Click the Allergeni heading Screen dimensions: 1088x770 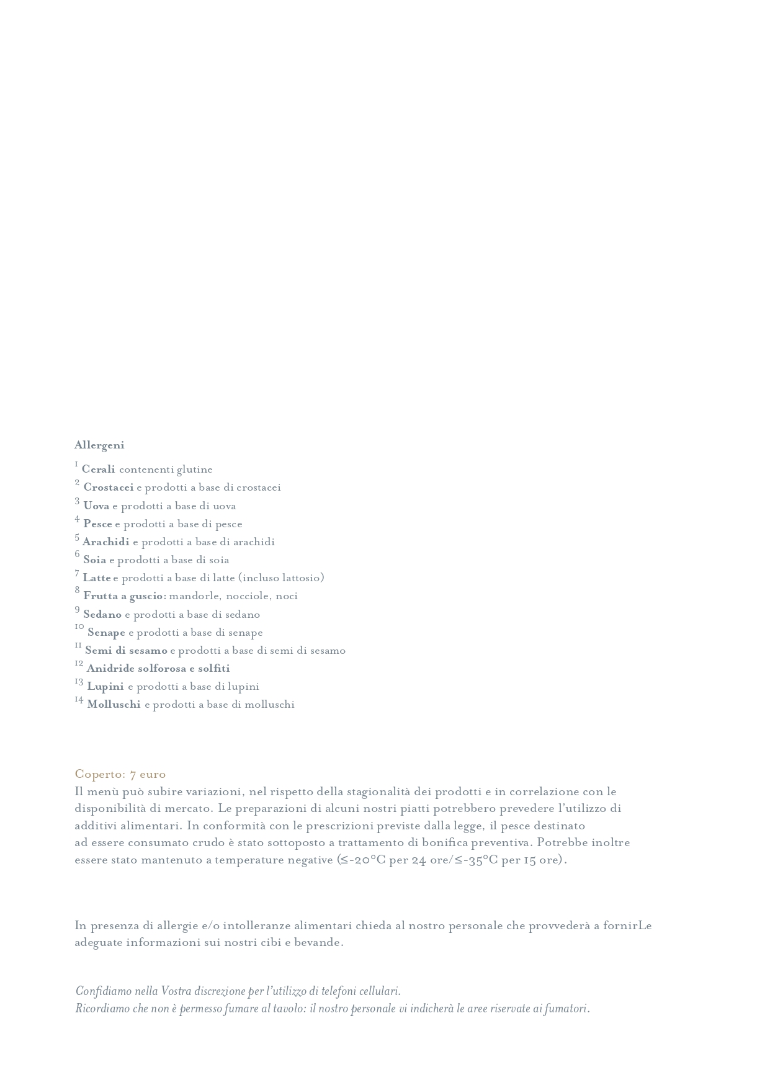99,445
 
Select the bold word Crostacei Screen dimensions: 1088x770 109,488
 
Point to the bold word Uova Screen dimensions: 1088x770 96,506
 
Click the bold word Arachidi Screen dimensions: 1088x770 106,542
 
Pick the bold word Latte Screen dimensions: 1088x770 97,578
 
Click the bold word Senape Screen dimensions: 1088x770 106,633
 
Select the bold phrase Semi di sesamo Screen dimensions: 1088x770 126,651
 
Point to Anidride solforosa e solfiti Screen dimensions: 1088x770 158,669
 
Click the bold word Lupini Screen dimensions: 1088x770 105,687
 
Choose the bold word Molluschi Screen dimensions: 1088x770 114,705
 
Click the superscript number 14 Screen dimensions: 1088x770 79,700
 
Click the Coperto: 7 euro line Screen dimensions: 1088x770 120,774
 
